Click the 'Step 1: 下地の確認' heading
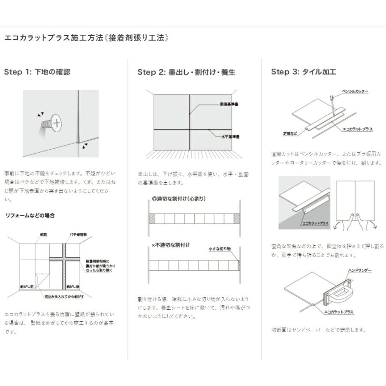coord(37,72)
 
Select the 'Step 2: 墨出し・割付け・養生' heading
coord(186,72)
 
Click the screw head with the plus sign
coord(56,122)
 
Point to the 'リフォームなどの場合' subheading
coord(30,215)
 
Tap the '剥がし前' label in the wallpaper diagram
coord(27,285)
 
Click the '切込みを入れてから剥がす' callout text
coord(64,296)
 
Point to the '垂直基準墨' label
coord(229,104)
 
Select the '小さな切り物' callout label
coord(220,248)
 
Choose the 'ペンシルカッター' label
coord(355,91)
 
